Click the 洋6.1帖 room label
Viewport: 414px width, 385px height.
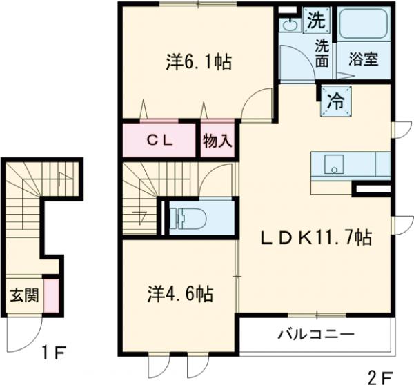197,62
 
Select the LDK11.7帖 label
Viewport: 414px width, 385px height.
317,238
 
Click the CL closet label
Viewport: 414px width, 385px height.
161,139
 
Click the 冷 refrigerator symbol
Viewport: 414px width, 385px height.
335,101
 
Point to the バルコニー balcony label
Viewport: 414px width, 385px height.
316,335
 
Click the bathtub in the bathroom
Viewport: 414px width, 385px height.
364,27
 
